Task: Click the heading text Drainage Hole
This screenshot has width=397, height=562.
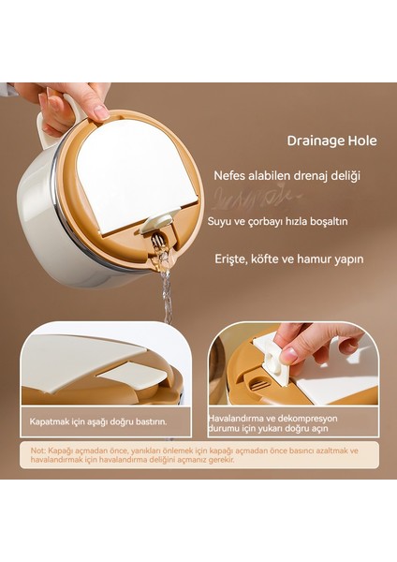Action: [331, 141]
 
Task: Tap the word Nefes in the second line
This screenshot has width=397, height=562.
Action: [231, 175]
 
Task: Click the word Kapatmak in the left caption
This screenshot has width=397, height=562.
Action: [49, 421]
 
